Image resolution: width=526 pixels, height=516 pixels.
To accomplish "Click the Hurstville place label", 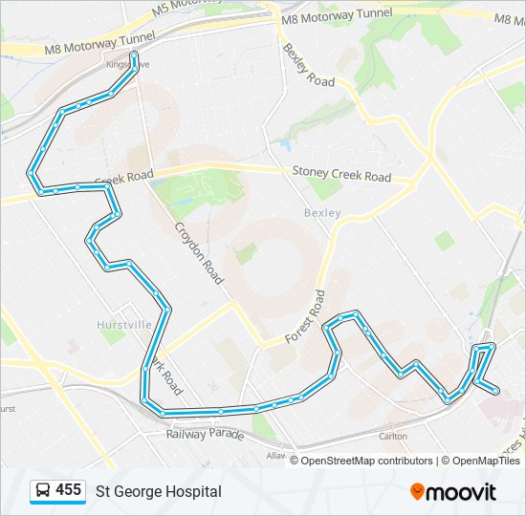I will pyautogui.click(x=124, y=325).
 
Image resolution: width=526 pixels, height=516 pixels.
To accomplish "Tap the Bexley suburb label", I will pyautogui.click(x=322, y=212).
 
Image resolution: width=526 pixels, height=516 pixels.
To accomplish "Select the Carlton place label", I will pyautogui.click(x=392, y=436).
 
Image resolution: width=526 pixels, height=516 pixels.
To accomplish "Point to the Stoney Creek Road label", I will pyautogui.click(x=341, y=175).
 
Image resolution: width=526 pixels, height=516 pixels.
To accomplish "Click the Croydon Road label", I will pyautogui.click(x=198, y=253).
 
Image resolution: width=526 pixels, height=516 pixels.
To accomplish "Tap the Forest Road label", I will pyautogui.click(x=307, y=316).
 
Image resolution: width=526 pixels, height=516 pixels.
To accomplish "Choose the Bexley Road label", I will pyautogui.click(x=308, y=64).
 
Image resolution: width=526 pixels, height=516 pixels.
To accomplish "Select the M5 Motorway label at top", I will pyautogui.click(x=189, y=11).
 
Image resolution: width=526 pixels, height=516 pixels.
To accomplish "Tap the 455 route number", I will pyautogui.click(x=68, y=490).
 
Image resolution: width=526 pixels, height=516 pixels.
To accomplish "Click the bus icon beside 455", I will pyautogui.click(x=43, y=491).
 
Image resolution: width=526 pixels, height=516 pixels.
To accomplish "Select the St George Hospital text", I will pyautogui.click(x=158, y=491).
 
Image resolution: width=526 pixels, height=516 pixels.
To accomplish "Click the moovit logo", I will pyautogui.click(x=453, y=491).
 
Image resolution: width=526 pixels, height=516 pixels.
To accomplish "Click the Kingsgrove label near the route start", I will pyautogui.click(x=122, y=64).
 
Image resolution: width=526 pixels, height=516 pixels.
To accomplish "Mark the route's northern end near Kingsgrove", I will pyautogui.click(x=134, y=56).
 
